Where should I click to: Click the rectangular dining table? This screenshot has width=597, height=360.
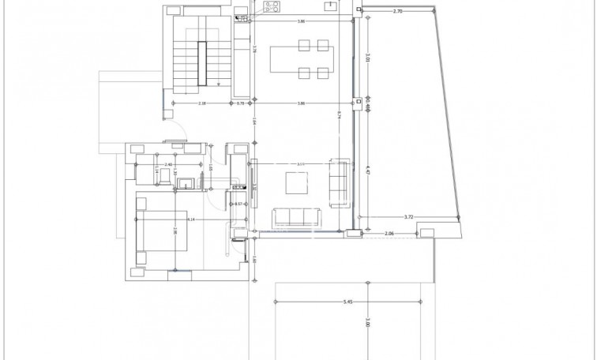point(301,59)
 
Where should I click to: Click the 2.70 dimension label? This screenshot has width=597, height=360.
point(398,12)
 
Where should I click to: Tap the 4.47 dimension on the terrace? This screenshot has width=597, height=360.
point(367,168)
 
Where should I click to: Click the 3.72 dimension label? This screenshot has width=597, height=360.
point(408,216)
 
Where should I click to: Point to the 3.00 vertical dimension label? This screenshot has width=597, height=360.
point(367,324)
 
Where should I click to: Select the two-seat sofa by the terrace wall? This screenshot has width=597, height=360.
point(340,182)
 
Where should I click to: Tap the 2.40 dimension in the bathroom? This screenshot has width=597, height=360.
point(168,164)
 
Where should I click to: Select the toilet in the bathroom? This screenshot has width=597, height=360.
point(186,185)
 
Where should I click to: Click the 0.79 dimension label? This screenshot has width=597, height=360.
point(241,103)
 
